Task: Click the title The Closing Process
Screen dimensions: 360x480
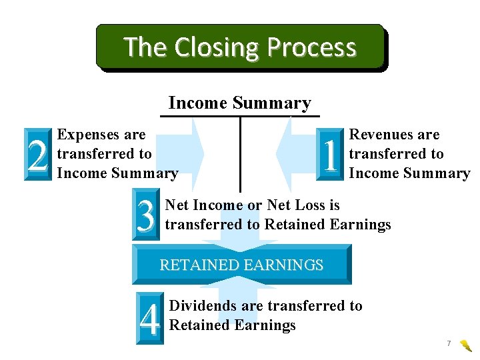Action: (x=240, y=47)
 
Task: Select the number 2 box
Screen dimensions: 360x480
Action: (x=38, y=154)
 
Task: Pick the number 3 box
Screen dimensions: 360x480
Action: (x=147, y=214)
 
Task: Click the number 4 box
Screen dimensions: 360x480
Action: (x=149, y=319)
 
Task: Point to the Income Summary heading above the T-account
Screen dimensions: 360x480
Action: (x=239, y=103)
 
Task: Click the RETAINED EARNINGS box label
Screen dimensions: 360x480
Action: (x=241, y=265)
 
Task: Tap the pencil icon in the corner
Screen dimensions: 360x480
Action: (x=466, y=345)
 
